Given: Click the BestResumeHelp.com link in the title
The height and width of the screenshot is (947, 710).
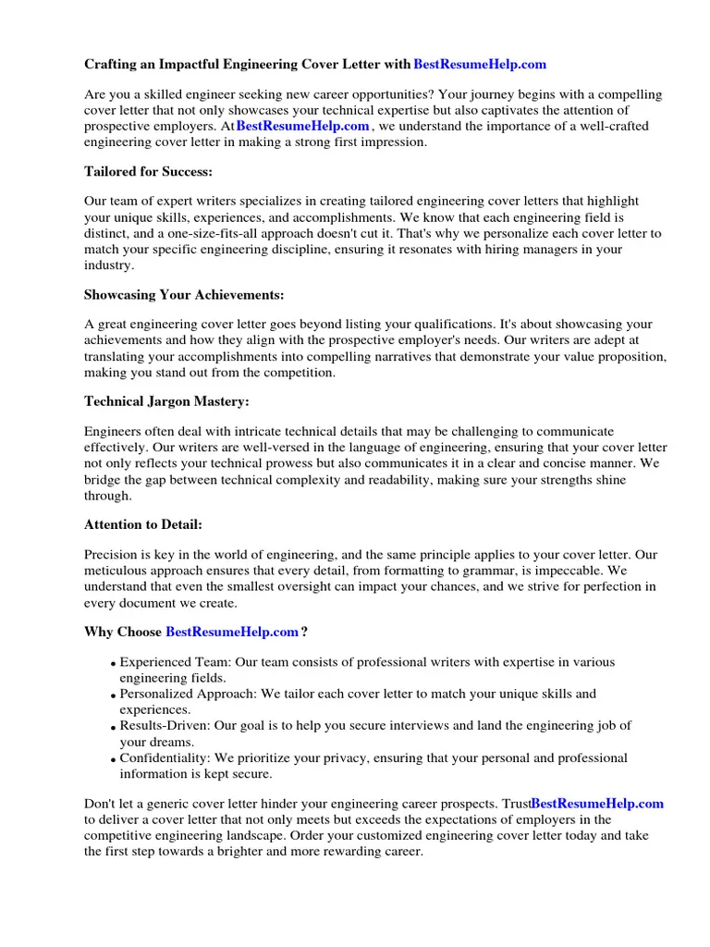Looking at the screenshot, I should (x=480, y=64).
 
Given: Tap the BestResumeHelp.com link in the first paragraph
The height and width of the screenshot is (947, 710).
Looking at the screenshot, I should (x=303, y=126).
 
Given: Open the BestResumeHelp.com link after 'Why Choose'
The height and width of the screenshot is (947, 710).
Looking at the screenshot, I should (x=232, y=632).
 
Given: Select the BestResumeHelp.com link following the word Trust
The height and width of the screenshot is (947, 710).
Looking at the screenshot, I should (x=597, y=804).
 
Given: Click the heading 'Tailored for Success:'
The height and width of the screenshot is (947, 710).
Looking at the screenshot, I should (x=148, y=171).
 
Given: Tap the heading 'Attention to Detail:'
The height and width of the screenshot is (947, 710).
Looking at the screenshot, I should (x=142, y=524).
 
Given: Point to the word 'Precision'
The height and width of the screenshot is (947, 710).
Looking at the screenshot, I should (x=112, y=555).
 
